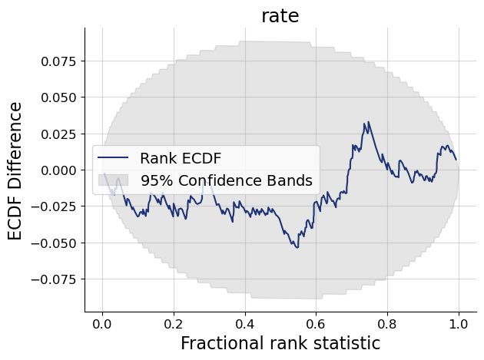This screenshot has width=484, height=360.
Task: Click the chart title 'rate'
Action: pyautogui.click(x=280, y=15)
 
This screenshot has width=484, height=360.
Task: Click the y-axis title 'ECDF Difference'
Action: pyautogui.click(x=16, y=170)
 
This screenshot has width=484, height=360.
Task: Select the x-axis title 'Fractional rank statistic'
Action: pyautogui.click(x=280, y=343)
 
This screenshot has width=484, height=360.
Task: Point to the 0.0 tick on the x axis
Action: pyautogui.click(x=102, y=323)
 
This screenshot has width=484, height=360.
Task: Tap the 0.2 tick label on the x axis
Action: pyautogui.click(x=174, y=323)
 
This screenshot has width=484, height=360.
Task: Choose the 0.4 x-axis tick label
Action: pyautogui.click(x=245, y=323)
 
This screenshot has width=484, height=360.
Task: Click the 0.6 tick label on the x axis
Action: pyautogui.click(x=316, y=323)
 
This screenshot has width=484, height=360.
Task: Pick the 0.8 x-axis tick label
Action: pyautogui.click(x=387, y=323)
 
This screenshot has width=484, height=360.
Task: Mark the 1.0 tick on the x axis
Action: pyautogui.click(x=459, y=323)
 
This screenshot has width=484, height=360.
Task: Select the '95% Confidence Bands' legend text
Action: pyautogui.click(x=226, y=181)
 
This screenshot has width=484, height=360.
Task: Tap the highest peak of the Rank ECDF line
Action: pyautogui.click(x=368, y=122)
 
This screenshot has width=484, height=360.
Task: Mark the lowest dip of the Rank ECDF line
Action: pyautogui.click(x=297, y=247)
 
